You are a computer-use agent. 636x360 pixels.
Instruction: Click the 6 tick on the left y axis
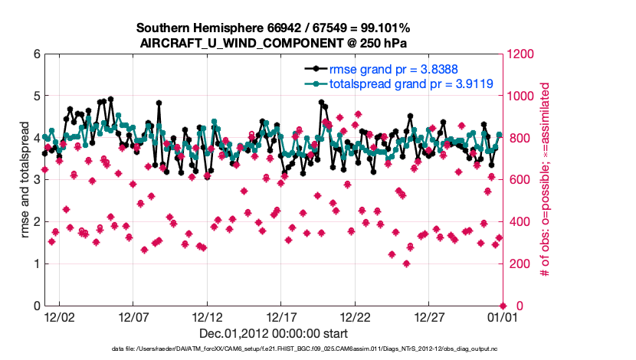35,54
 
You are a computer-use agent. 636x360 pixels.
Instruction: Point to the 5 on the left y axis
35,97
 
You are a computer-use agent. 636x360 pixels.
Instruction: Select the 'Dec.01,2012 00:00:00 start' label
274,333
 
